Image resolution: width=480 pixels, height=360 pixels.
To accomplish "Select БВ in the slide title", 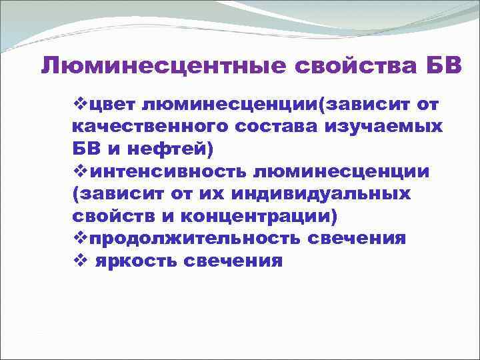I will [439, 67].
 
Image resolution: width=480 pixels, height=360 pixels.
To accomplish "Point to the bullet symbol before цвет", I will [79, 104].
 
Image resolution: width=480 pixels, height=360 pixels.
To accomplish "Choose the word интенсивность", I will [167, 171].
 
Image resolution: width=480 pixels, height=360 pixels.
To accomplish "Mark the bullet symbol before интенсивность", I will [79, 171].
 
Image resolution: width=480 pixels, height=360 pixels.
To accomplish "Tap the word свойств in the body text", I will [109, 216].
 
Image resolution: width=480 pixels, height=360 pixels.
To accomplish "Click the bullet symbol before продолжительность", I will [79, 238].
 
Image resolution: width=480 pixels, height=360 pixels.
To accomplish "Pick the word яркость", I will [134, 261].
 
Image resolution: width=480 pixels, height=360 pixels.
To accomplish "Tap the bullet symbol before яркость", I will [79, 261].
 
